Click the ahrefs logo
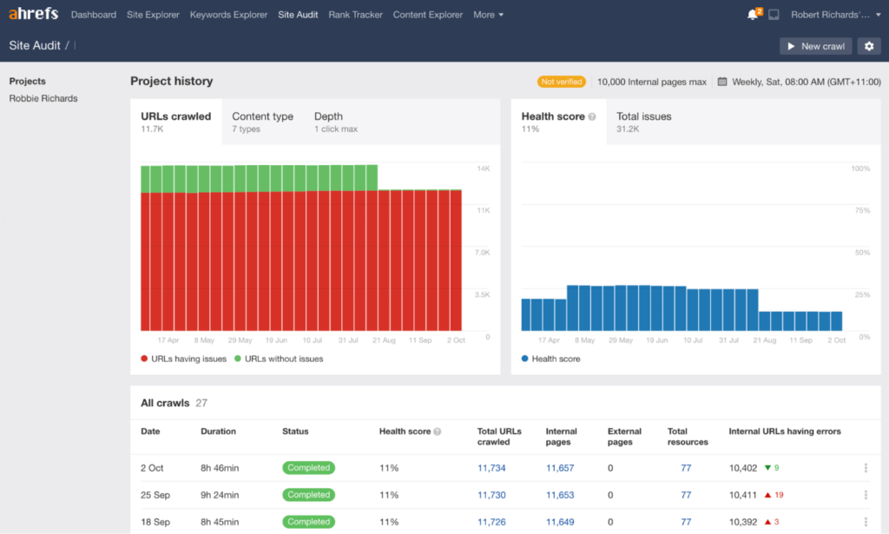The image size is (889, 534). [x=33, y=15]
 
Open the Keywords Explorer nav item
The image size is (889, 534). [x=228, y=15]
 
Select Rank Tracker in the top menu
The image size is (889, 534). [x=355, y=15]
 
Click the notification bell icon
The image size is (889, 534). [x=752, y=15]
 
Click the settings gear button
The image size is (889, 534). [x=868, y=46]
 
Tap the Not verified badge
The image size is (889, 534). [x=562, y=82]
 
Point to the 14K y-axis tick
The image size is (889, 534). [x=484, y=168]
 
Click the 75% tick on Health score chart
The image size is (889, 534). [x=861, y=210]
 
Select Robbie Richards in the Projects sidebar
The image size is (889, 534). [x=43, y=98]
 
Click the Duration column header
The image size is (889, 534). [x=218, y=431]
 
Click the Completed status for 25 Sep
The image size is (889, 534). [x=308, y=495]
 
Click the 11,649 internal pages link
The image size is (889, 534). [x=559, y=522]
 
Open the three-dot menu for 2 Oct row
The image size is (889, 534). [x=866, y=468]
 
